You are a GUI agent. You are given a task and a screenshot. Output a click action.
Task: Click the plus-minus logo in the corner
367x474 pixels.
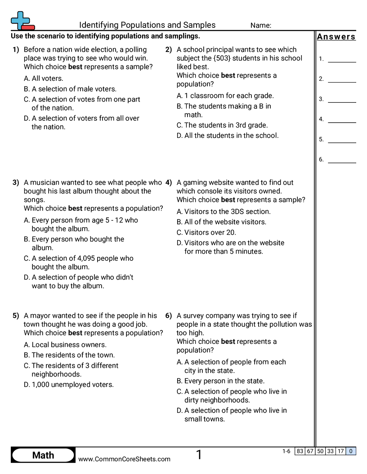(x=22, y=21)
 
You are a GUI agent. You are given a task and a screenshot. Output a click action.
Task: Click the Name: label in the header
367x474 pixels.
(x=260, y=26)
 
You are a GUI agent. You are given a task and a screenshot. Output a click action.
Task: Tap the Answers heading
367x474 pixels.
(x=336, y=37)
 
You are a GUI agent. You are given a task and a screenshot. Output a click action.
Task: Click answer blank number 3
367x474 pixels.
(x=342, y=99)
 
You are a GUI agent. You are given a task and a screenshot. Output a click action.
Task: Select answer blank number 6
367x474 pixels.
(x=342, y=159)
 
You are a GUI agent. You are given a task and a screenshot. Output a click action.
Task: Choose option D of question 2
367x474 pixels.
(x=228, y=136)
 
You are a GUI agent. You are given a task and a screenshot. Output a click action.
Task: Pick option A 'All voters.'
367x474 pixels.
(x=44, y=79)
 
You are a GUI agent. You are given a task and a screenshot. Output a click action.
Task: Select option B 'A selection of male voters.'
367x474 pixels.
(x=70, y=89)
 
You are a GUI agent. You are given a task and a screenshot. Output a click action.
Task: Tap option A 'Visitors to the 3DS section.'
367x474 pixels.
(x=224, y=211)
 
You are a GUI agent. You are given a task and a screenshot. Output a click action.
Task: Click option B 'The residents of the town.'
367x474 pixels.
(x=69, y=355)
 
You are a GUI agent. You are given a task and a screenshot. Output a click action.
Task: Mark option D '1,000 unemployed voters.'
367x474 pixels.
(x=69, y=385)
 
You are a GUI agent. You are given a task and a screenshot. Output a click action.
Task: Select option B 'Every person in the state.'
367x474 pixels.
(x=220, y=381)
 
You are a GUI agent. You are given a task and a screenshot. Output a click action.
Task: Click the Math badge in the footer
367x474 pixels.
(x=43, y=455)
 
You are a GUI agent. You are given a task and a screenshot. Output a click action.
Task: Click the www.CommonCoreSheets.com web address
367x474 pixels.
(x=124, y=459)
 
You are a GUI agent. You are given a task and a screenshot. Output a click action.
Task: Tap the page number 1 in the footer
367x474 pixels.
(x=199, y=455)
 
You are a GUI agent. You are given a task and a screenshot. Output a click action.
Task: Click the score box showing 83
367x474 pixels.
(x=300, y=451)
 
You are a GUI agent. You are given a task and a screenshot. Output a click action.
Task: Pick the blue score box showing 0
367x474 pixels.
(x=351, y=451)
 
